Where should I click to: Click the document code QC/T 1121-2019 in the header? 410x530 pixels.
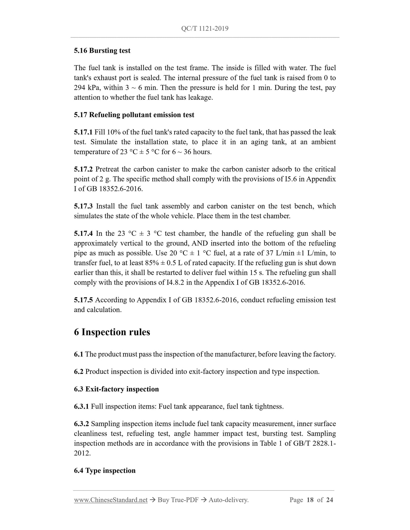tap(205, 28)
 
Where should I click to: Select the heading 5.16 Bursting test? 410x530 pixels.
tap(102, 51)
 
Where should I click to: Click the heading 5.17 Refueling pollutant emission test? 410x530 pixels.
tap(134, 115)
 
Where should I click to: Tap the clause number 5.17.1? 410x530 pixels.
tap(83, 132)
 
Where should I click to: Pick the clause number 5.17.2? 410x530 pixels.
tap(83, 169)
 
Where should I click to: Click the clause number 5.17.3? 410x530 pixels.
tap(83, 206)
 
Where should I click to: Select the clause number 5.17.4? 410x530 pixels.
tap(83, 234)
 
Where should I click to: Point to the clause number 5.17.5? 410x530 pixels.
tap(83, 300)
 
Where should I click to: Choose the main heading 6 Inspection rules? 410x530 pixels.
tap(112, 332)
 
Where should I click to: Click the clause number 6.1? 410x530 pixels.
tap(78, 354)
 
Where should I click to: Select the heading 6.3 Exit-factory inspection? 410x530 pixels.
tap(116, 389)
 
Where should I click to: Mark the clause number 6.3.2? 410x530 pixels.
tap(81, 424)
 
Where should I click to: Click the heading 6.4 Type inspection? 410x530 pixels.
tap(105, 470)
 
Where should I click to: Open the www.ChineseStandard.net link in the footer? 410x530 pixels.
tap(111, 500)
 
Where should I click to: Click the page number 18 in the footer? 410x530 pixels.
tap(310, 500)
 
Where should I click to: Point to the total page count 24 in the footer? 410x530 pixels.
tap(329, 500)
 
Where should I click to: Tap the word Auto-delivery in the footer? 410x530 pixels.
tap(228, 500)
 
